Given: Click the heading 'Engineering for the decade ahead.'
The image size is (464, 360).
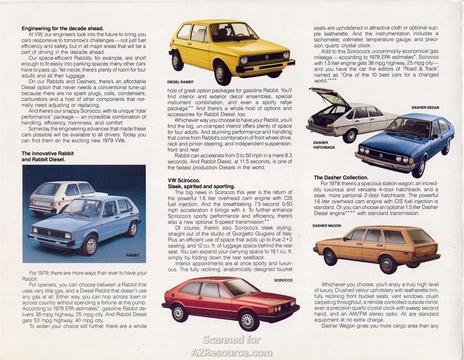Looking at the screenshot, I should point(63,28).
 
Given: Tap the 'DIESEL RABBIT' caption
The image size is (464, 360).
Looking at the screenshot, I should point(180,82).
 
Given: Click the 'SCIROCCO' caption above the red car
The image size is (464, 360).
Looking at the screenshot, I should point(283,280).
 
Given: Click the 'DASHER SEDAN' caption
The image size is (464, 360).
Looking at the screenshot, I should point(425,108).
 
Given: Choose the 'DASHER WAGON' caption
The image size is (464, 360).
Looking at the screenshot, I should point(326,226).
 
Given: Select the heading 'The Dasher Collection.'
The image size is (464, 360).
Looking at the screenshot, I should point(341,178).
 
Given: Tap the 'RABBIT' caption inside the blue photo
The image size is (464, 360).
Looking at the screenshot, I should point(132,255).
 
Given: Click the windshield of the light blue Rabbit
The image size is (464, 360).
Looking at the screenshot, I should point(83,208).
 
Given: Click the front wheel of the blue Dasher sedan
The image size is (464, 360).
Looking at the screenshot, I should point(419,168).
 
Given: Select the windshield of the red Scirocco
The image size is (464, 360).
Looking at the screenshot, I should point(240,287).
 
